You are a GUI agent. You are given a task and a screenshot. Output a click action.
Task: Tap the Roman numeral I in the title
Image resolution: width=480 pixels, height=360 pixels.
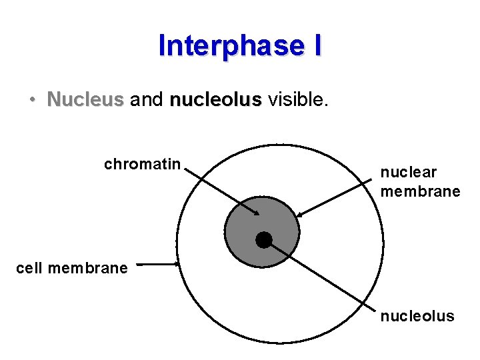click(316, 46)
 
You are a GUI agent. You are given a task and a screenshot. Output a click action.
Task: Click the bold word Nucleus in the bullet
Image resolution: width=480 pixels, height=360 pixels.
click(85, 100)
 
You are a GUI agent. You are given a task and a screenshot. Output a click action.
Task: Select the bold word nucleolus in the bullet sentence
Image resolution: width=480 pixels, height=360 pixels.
click(215, 100)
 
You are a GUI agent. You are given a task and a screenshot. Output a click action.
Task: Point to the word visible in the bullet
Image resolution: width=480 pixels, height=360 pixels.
click(296, 100)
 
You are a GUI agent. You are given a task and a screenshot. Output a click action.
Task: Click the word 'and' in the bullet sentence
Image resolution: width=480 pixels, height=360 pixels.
click(147, 100)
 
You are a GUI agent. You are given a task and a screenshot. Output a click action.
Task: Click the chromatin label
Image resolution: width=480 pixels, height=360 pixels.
click(142, 164)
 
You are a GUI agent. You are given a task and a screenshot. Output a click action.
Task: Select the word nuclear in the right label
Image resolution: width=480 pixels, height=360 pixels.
click(408, 173)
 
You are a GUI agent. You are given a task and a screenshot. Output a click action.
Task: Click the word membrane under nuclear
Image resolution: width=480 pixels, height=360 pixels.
click(420, 192)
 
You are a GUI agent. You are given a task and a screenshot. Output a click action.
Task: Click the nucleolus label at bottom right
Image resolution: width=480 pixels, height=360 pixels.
click(417, 316)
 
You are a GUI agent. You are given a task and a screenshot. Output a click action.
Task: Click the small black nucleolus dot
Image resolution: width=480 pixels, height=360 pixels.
click(264, 240)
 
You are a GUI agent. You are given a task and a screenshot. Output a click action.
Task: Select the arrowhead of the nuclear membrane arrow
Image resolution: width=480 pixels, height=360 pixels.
click(299, 215)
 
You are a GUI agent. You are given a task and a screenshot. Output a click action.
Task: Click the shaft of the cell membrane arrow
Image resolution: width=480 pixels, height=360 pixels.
click(159, 264)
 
